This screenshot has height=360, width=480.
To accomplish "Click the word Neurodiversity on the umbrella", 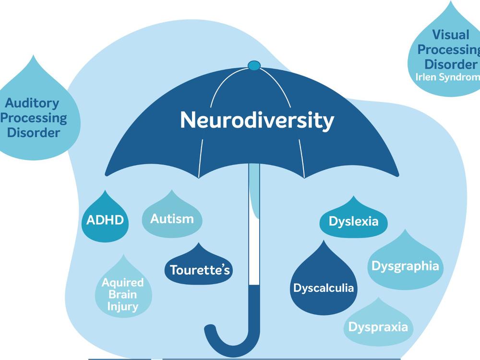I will [x=257, y=120].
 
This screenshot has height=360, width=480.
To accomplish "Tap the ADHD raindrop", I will [x=105, y=220].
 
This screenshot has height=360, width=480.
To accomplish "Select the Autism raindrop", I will [x=172, y=219].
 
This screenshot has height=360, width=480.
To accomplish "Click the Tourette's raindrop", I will [x=197, y=269].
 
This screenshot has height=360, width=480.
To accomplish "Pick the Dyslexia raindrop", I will [x=353, y=221].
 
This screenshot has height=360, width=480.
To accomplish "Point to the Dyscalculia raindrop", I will [x=324, y=287].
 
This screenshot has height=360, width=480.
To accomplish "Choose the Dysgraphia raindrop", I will [x=405, y=265].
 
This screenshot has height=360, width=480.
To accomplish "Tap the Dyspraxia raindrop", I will [x=378, y=327].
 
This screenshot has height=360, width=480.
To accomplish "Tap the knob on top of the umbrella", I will [x=254, y=65].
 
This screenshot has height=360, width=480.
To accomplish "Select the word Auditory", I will [x=32, y=103].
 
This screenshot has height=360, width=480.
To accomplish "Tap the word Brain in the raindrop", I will [x=123, y=294].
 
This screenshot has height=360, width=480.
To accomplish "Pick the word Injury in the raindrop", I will [x=123, y=306].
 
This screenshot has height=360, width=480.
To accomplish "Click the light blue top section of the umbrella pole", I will [x=254, y=192].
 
